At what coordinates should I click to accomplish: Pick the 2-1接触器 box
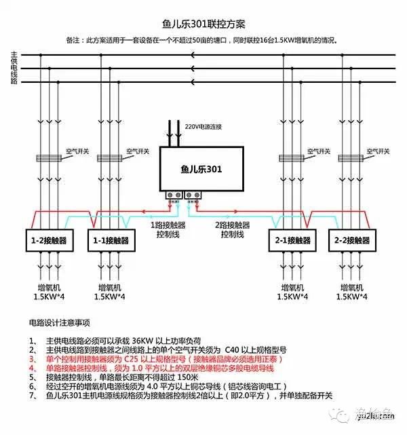(x=290, y=240)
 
